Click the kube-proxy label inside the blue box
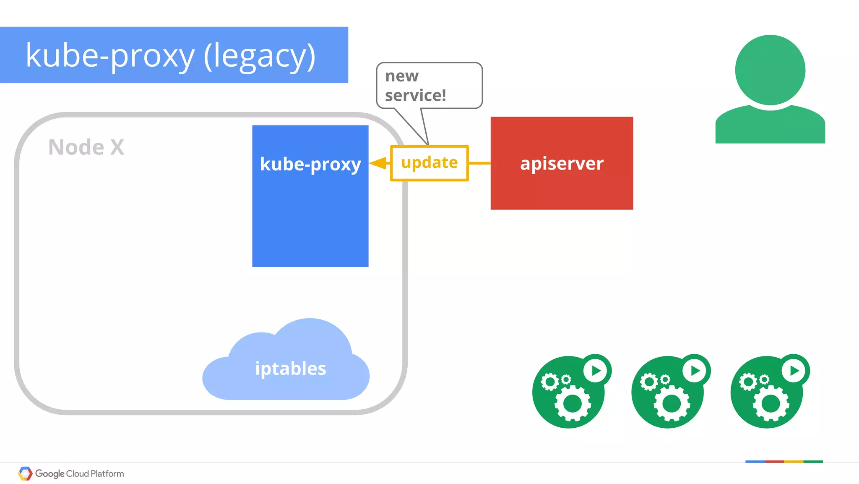310,164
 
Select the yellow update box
429,163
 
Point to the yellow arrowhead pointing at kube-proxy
379,163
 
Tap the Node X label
86,147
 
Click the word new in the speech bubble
401,76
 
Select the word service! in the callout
415,95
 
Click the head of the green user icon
770,70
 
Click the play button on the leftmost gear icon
596,370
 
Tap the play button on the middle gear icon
695,370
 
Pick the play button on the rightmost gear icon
794,370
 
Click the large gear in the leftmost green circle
573,404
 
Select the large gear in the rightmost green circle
770,404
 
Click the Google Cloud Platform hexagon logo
25,474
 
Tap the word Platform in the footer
107,474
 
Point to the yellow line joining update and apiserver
479,163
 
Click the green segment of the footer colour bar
813,461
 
